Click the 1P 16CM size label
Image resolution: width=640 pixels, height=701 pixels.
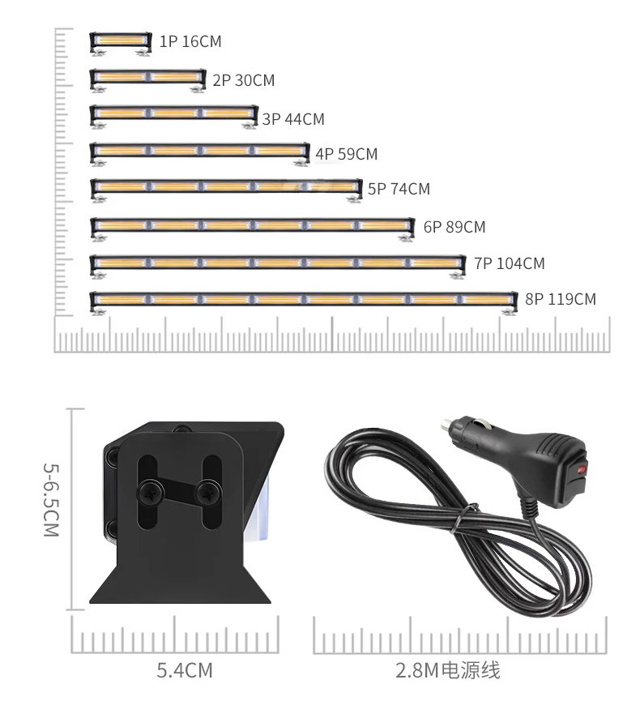coord(190,41)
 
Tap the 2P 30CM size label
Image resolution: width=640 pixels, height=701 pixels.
coord(244,80)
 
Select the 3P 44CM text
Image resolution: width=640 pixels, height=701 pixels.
coord(293,119)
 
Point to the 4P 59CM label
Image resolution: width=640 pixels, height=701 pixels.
coord(347,154)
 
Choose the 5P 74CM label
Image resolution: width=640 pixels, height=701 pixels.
coord(399,189)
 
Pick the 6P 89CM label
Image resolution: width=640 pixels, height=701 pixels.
coord(454,227)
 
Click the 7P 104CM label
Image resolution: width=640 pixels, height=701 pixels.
coord(510,263)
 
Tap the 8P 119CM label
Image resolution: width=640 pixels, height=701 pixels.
coord(561,299)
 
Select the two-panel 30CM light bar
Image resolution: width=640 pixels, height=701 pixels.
coord(147,79)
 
